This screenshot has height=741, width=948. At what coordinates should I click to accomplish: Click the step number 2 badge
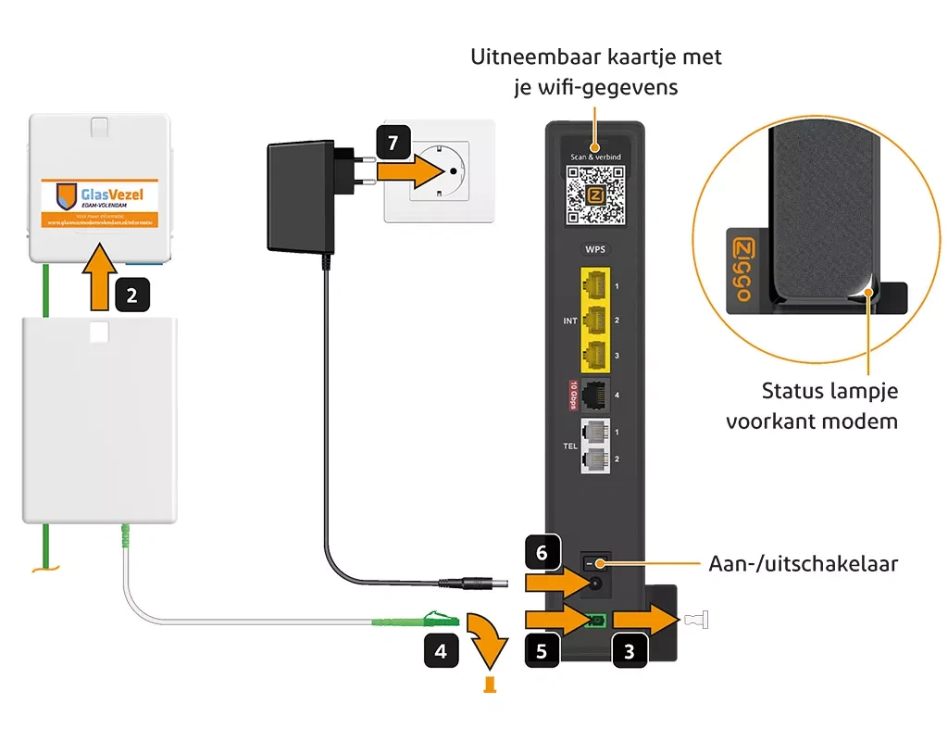pos(132,296)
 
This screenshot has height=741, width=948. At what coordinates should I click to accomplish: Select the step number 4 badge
pos(441,651)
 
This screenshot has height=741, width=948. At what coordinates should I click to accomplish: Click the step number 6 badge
pos(543,553)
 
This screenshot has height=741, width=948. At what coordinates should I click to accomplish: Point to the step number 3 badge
pos(630,651)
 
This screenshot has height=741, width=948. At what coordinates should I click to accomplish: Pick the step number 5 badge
pos(543,651)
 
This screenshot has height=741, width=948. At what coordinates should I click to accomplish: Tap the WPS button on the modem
pos(594,249)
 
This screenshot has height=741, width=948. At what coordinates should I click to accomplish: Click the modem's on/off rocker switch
pos(595,562)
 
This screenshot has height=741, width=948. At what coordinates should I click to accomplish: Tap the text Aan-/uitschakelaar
pos(803,563)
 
